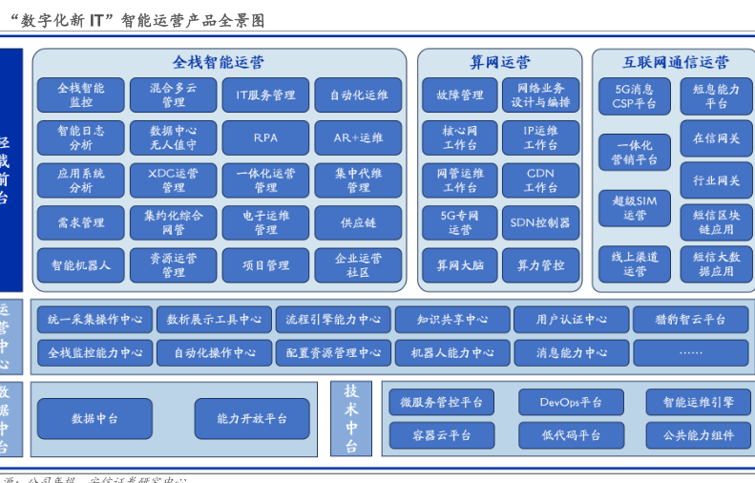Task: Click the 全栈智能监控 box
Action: tap(81, 95)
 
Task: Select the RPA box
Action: tap(265, 137)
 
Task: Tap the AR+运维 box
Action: tap(358, 137)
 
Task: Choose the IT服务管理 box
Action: tap(265, 95)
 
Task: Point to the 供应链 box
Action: tap(358, 222)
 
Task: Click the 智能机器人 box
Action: tap(81, 265)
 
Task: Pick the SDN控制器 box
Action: tap(540, 222)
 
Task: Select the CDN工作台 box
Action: tap(540, 180)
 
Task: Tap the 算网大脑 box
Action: tap(460, 265)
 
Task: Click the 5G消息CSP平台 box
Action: tap(634, 95)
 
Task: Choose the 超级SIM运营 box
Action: tap(634, 208)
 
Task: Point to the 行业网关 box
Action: tap(716, 180)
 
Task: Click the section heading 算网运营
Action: tap(499, 62)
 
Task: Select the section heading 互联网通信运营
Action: tap(675, 62)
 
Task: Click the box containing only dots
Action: tap(690, 353)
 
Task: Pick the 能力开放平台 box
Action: tap(252, 418)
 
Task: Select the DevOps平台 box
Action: tap(571, 402)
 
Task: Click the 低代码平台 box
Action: tap(571, 435)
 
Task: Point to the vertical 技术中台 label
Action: tap(350, 418)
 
